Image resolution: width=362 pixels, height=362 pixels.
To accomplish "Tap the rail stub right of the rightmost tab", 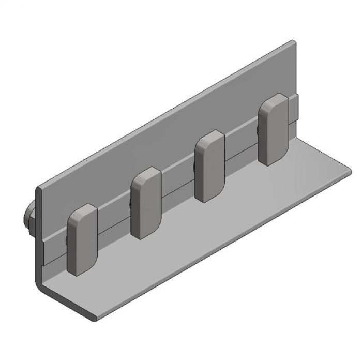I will tap(295, 109).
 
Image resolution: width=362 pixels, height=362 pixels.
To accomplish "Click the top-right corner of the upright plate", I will tap(295, 43).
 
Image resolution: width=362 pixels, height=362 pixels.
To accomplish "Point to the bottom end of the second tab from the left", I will tap(145, 235).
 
